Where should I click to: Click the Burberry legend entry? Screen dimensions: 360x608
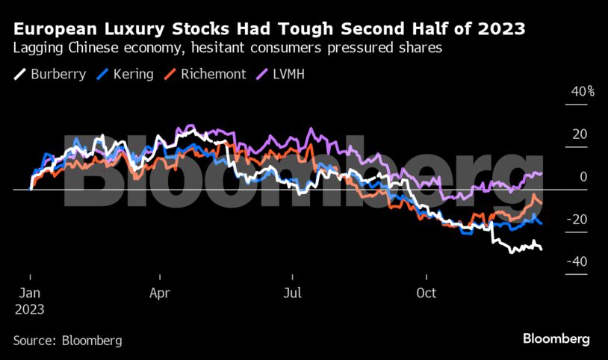51,75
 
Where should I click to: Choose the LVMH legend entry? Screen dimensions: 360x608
282,75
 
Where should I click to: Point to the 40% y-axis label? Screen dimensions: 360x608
583,92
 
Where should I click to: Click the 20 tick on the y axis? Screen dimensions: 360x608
580,134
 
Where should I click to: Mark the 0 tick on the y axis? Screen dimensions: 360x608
583,177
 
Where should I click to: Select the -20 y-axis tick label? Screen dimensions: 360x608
578,220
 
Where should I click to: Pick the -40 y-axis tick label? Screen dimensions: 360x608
578,261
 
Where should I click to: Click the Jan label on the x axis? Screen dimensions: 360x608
29,294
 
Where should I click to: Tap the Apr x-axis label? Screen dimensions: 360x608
160,294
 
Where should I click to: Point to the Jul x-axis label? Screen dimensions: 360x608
292,294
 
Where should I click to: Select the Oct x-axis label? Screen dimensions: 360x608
426,294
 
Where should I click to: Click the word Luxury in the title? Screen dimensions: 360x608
137,30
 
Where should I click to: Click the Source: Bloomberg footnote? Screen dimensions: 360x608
67,341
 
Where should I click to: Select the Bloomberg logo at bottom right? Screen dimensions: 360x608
555,339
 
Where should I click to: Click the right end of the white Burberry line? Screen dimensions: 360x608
542,249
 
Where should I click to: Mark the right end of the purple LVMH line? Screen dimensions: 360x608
542,173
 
